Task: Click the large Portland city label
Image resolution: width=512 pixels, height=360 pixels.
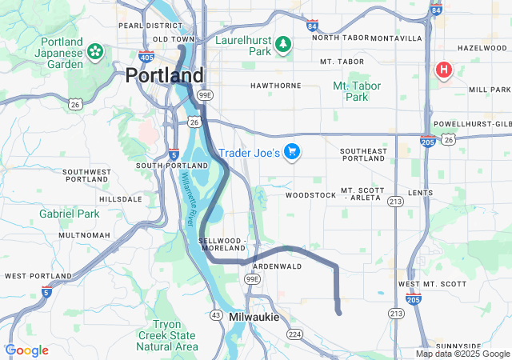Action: [x=164, y=76]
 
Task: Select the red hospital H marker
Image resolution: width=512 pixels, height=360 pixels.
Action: [x=443, y=70]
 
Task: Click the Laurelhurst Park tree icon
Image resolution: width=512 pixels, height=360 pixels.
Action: [x=282, y=46]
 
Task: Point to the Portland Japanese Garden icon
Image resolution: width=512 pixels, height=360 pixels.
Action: [x=95, y=52]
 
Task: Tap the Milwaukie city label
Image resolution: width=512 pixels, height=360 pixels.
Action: [x=254, y=318]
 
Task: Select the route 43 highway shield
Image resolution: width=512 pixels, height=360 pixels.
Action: [x=216, y=314]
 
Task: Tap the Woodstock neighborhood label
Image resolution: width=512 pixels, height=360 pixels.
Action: [x=310, y=194]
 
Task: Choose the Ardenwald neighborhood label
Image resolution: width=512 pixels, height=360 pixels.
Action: [x=276, y=266]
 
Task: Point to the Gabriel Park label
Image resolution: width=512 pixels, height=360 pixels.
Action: [x=70, y=214]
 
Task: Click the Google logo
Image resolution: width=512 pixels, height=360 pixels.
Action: [x=26, y=350]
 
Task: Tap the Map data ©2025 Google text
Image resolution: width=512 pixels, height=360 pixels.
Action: [x=462, y=354]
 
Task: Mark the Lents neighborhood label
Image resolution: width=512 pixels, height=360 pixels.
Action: [x=419, y=193]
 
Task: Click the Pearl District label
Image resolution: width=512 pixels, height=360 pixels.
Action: [x=143, y=26]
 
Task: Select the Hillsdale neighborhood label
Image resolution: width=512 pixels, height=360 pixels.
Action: [x=119, y=198]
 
